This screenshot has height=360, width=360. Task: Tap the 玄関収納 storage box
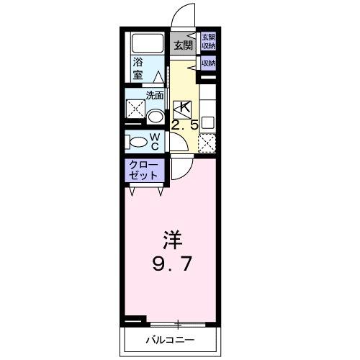(208, 41)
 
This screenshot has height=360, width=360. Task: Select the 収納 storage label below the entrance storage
(208, 63)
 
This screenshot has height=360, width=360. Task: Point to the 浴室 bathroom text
(137, 68)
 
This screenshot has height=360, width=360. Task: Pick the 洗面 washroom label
(155, 94)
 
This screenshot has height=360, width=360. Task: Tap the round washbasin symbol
(154, 117)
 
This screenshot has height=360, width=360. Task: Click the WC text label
(155, 140)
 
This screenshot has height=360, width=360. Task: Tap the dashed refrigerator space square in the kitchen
(207, 143)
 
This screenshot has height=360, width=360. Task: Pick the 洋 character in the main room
(170, 238)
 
